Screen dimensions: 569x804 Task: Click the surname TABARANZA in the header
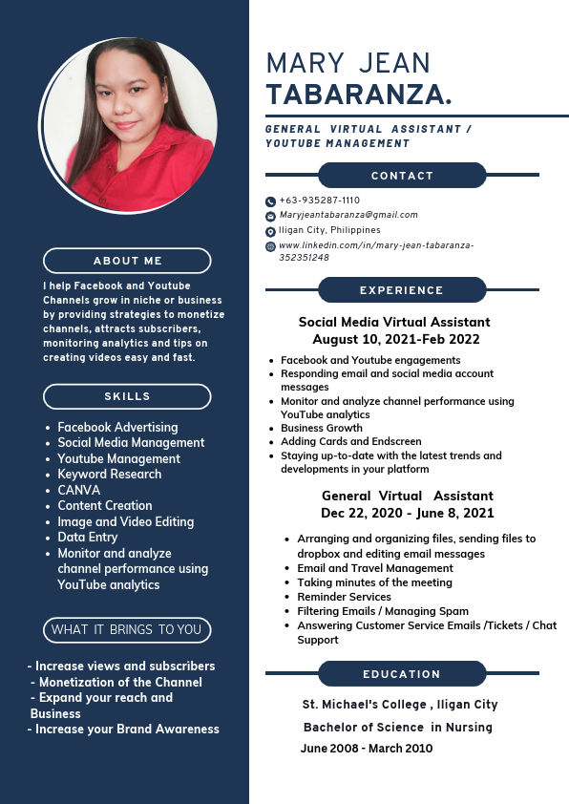click(358, 95)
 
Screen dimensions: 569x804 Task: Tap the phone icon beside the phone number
click(270, 201)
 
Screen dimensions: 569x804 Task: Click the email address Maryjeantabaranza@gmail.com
click(348, 215)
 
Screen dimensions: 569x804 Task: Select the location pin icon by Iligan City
click(270, 231)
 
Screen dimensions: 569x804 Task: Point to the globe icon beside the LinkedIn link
click(270, 246)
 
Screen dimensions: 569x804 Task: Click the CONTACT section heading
click(402, 176)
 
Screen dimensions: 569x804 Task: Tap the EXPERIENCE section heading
click(402, 290)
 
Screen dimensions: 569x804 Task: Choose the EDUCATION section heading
click(402, 674)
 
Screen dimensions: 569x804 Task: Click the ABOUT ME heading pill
click(127, 261)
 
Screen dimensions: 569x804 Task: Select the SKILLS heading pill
click(127, 396)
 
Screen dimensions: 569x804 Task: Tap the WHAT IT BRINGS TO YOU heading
click(127, 630)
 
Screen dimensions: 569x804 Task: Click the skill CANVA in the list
click(78, 490)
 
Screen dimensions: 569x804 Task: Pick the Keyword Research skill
click(109, 475)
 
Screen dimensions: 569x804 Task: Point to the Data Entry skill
click(87, 538)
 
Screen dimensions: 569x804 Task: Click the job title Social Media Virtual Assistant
click(394, 323)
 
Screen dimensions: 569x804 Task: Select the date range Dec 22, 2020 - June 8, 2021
click(408, 513)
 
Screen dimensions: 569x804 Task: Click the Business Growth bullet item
click(322, 429)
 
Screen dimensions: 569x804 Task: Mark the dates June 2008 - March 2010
click(367, 749)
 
